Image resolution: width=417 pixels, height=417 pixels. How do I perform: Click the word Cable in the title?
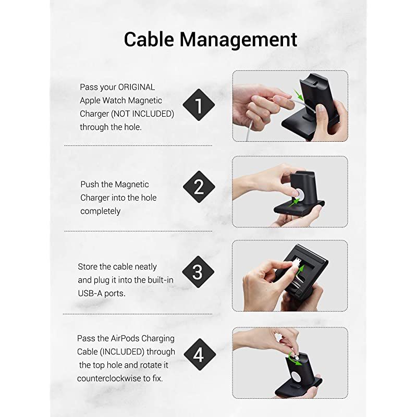149,40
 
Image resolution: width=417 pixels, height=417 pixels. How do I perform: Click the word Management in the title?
238,40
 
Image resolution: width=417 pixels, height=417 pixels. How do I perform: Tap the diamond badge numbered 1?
199,105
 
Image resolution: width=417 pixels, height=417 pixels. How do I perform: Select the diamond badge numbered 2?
199,187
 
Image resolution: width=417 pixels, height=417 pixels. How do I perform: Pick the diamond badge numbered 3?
198,272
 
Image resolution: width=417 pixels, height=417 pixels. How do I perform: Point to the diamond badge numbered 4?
200,354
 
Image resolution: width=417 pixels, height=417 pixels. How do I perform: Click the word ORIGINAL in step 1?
136,87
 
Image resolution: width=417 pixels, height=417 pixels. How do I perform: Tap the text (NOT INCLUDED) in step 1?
142,114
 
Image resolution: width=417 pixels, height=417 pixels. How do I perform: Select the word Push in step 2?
90,185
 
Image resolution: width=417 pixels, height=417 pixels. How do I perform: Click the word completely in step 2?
100,211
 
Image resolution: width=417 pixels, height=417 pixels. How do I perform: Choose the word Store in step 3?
87,267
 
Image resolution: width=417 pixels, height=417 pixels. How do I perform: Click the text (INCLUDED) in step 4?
122,352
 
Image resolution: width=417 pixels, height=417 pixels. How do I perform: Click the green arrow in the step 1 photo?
298,95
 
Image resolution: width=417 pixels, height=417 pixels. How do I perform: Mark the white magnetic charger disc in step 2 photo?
298,194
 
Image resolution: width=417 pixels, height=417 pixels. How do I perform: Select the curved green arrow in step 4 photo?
295,358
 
